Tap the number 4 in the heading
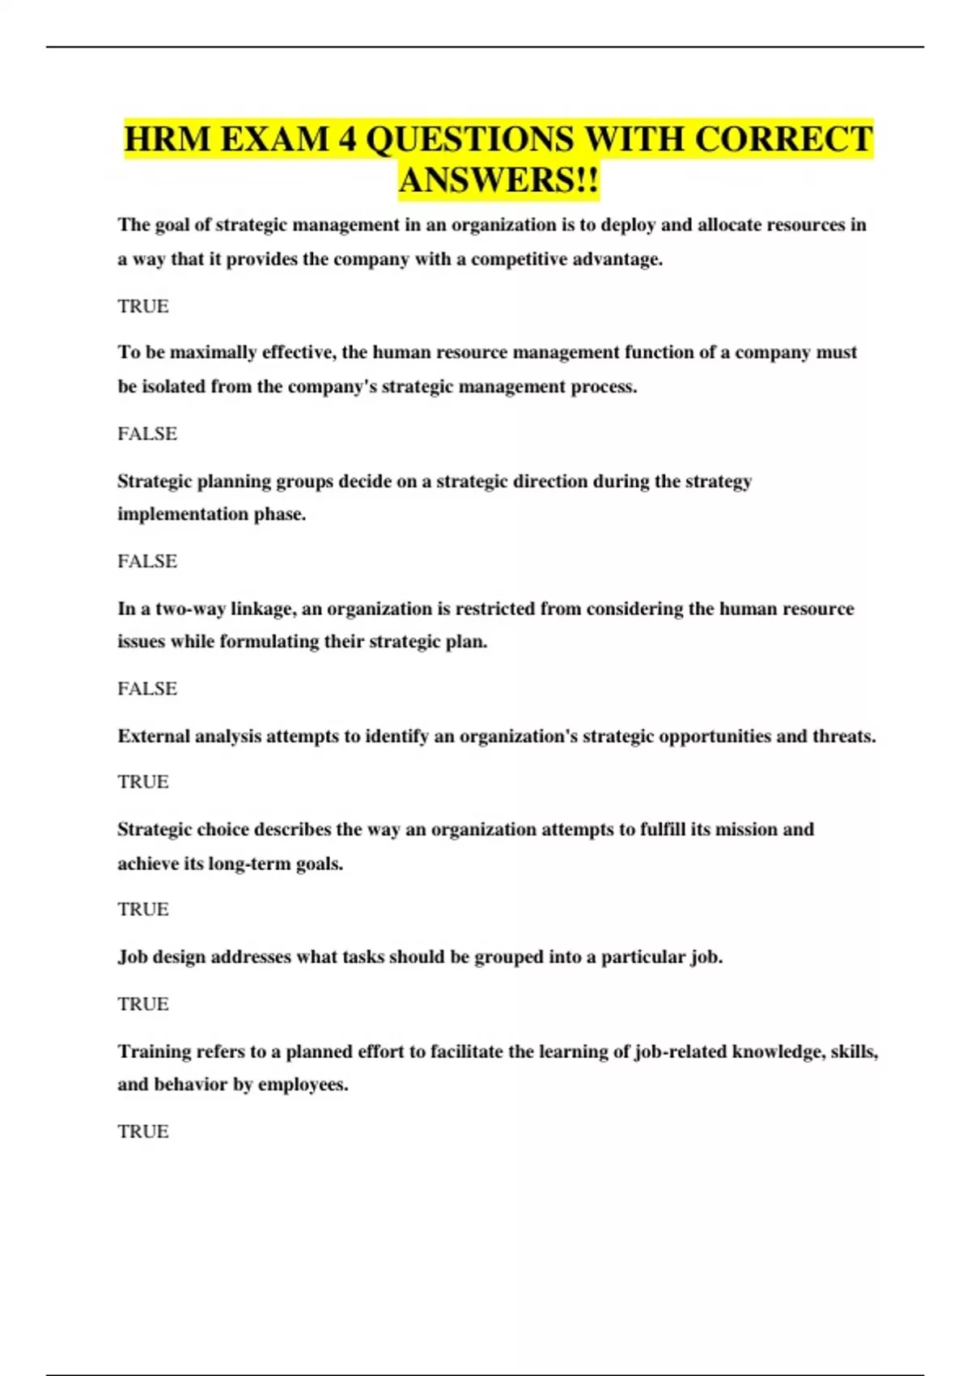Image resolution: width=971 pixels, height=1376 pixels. (x=347, y=139)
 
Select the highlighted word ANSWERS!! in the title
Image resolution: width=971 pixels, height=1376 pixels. (x=498, y=180)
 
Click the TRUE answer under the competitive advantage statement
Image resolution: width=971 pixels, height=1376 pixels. (x=143, y=306)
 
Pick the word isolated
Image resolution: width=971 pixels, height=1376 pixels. (x=174, y=387)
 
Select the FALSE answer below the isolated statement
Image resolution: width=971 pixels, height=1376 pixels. (x=147, y=434)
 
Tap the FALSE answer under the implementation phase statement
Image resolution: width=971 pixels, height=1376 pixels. (x=147, y=561)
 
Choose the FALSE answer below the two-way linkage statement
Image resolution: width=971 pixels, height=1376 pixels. (x=147, y=689)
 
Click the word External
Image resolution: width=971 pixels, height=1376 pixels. (x=153, y=737)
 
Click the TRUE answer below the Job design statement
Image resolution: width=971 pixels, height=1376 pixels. (x=143, y=1004)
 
